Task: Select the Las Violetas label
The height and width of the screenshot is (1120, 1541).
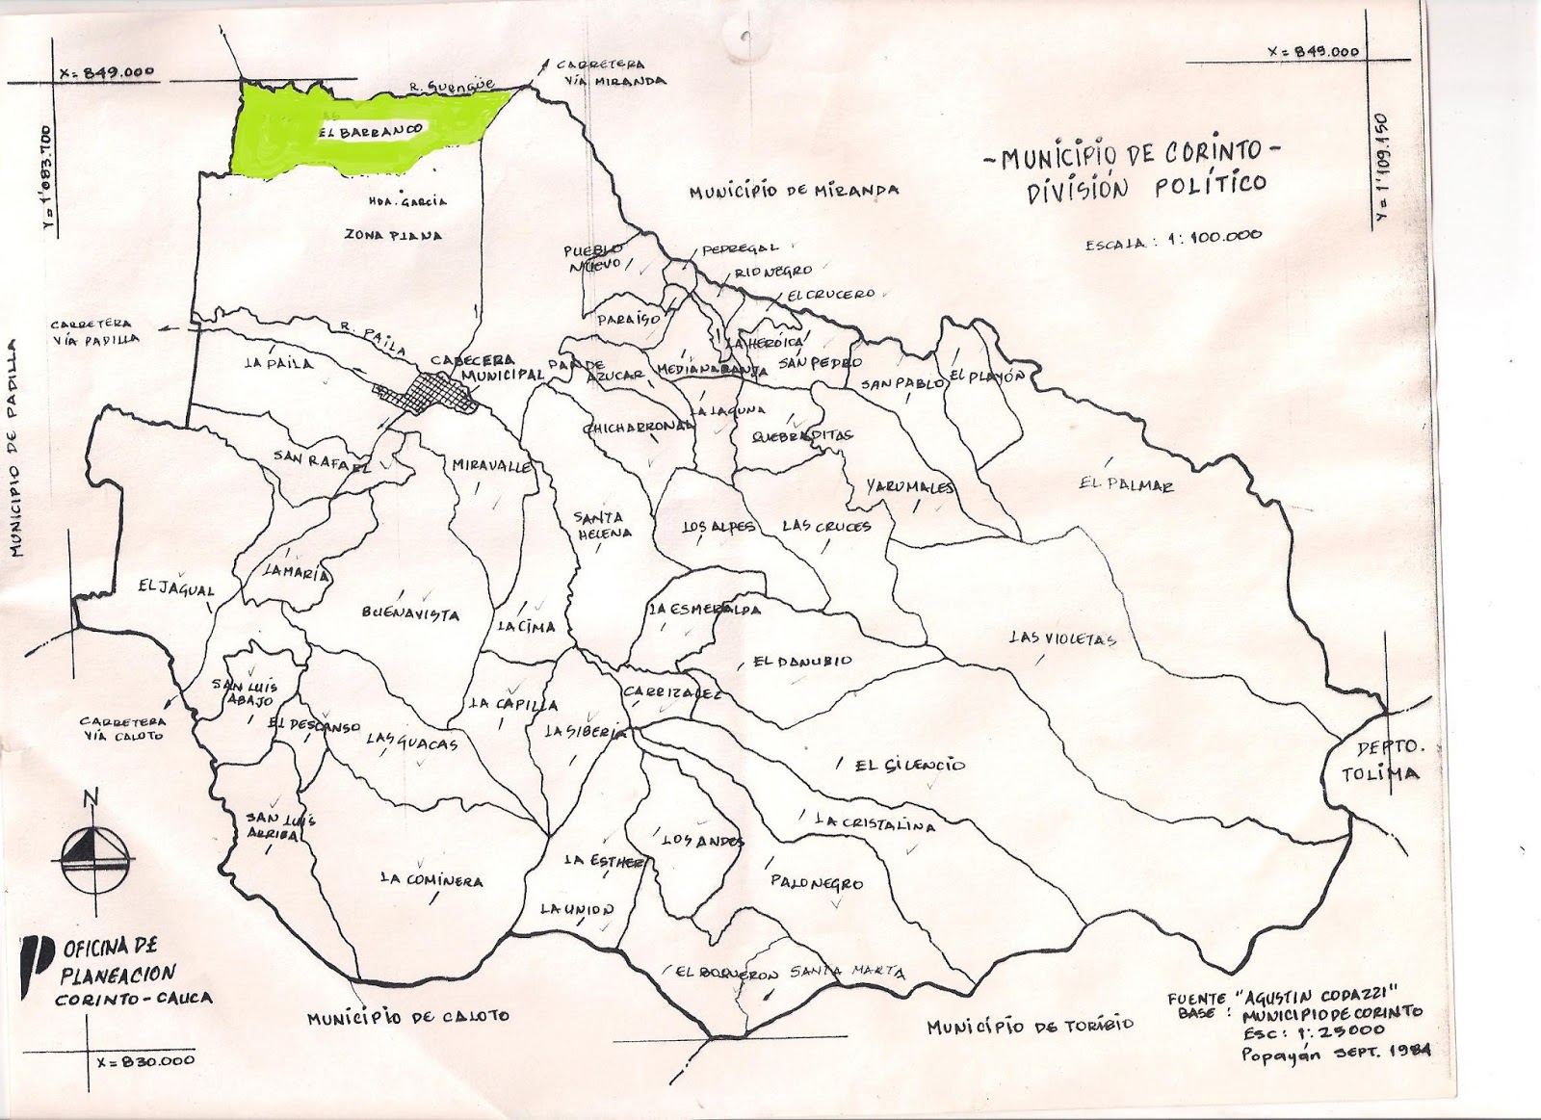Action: (1061, 638)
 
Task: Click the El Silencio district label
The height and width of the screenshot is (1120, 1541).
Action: (909, 765)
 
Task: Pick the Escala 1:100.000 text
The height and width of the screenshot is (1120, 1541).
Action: (1172, 242)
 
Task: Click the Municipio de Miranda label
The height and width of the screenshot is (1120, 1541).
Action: (794, 191)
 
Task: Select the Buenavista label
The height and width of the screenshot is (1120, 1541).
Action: (411, 614)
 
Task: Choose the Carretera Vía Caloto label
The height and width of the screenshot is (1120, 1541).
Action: (122, 728)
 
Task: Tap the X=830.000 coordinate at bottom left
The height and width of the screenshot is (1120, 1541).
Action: (146, 1060)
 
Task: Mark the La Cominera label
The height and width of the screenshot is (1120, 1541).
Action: (431, 880)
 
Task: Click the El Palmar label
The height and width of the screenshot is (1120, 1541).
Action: (1126, 486)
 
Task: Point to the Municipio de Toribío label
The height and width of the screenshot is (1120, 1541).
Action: (1030, 1027)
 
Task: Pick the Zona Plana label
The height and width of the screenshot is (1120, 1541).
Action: (392, 235)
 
